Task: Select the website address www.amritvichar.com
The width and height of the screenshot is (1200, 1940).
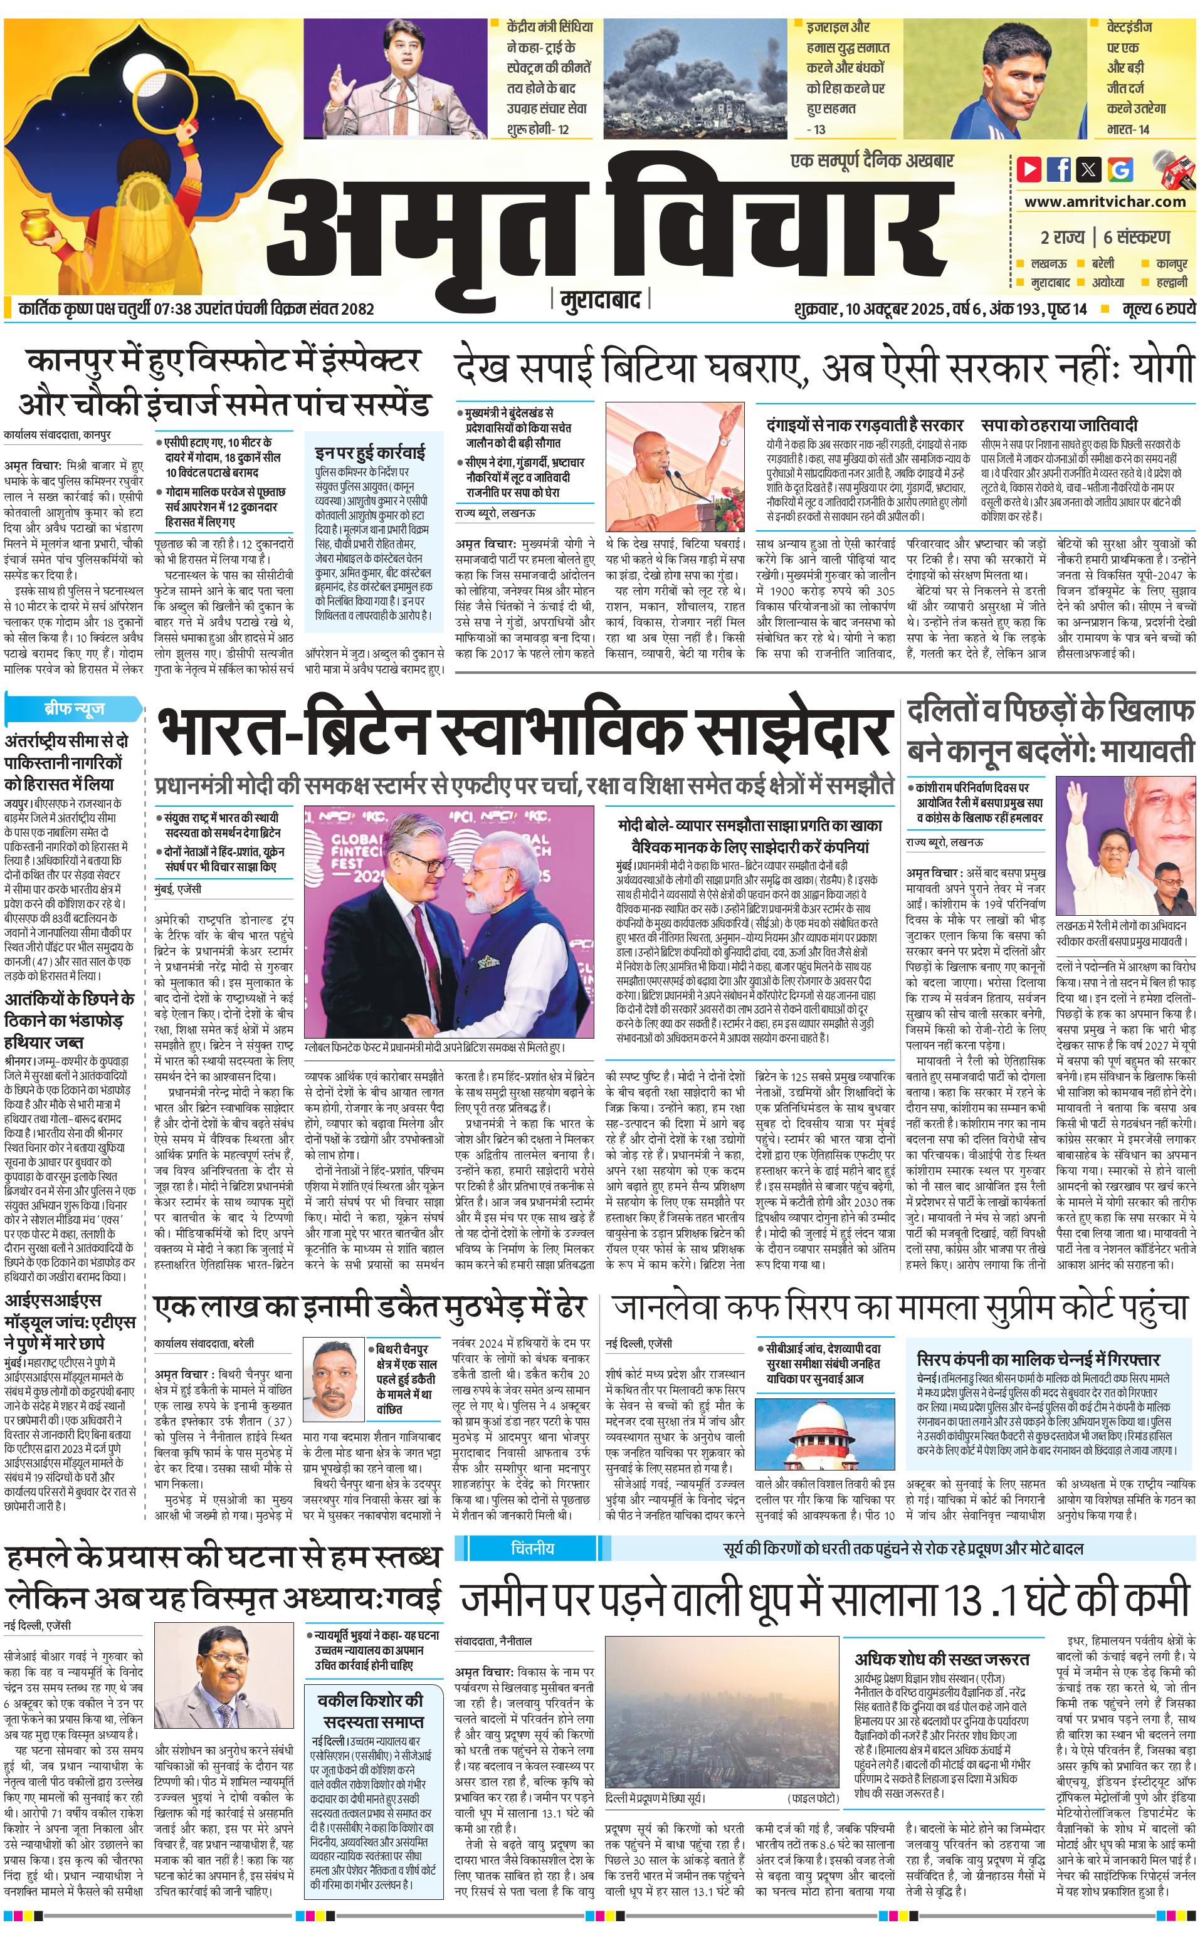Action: (x=1108, y=202)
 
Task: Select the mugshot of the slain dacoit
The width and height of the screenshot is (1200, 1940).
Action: (x=334, y=1366)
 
